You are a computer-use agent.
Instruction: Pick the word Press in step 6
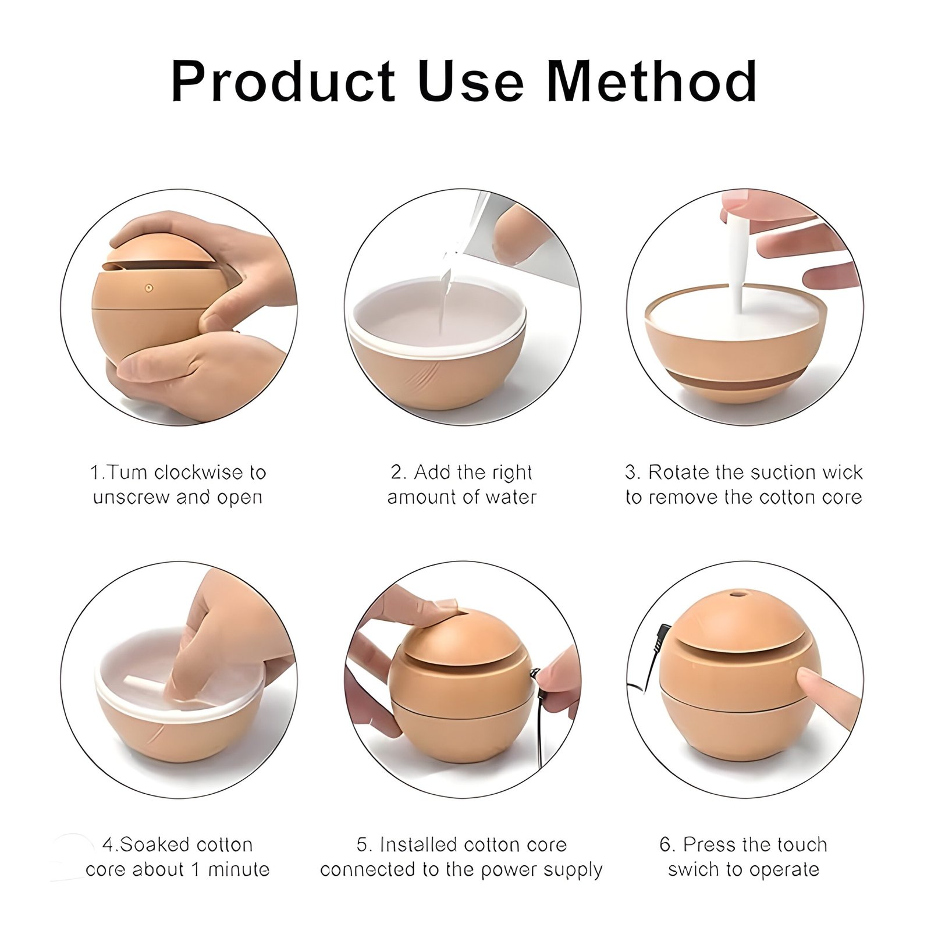707,844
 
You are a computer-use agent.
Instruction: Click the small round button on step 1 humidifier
148,287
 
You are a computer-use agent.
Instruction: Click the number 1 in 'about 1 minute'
196,870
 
